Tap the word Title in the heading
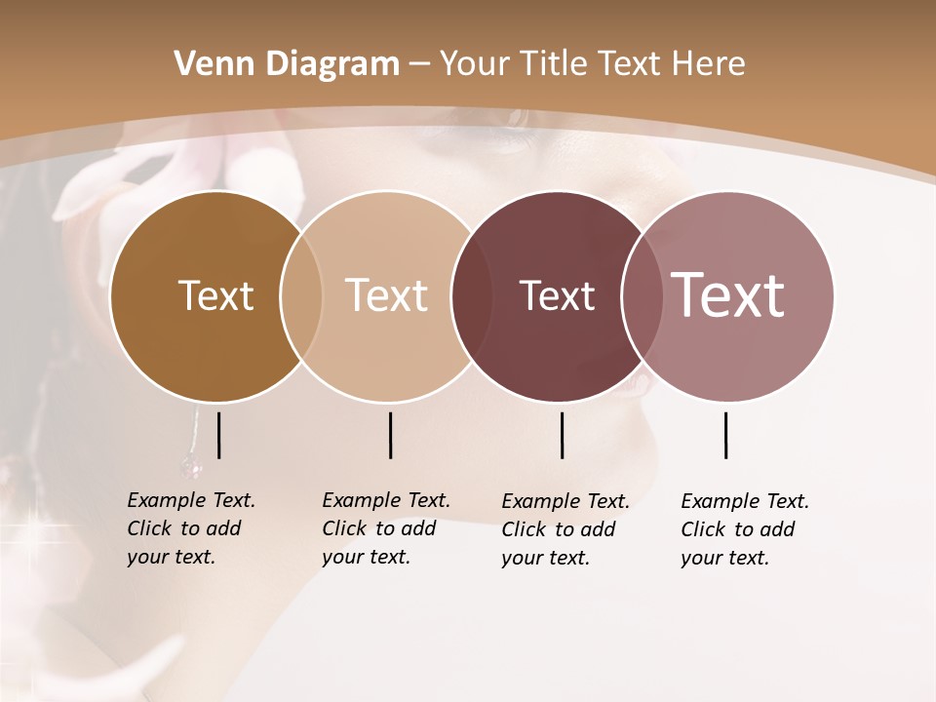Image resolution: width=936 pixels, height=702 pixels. coord(551,64)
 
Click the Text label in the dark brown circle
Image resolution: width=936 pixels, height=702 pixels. coord(215,295)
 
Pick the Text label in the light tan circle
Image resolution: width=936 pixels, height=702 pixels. coord(387,295)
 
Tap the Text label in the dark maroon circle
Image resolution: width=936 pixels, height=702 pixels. coord(557,295)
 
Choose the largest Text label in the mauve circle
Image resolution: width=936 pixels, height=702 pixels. coord(728,295)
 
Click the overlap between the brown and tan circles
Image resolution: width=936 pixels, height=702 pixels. coord(301,296)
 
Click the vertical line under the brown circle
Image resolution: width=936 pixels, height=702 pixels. coord(218,435)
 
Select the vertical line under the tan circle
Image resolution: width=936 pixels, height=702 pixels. coord(390,435)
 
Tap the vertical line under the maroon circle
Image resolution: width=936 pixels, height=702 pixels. coord(562,435)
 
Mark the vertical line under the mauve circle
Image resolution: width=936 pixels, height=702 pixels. coord(725,435)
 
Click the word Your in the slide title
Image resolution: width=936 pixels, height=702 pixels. coord(477,64)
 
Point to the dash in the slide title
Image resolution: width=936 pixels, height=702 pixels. coord(419,65)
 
